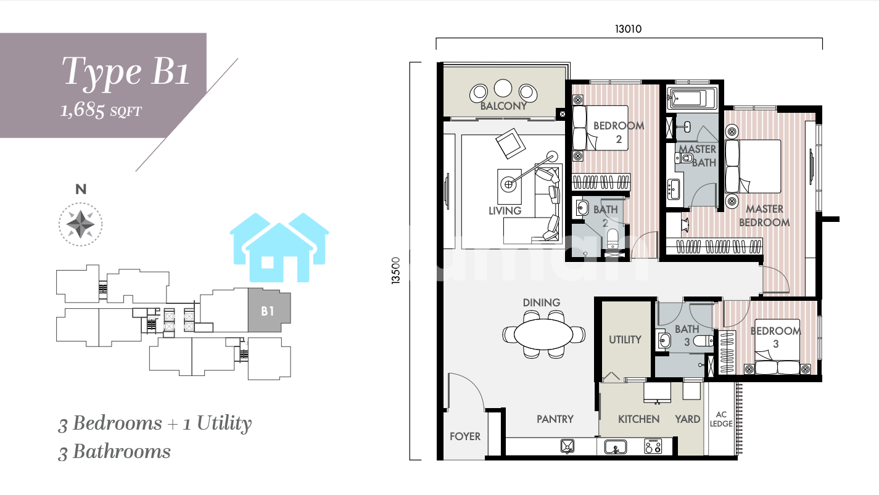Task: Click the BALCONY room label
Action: [503, 106]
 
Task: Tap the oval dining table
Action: [543, 334]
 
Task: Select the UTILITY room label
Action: [625, 340]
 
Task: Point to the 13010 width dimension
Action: [628, 29]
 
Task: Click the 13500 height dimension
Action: [396, 270]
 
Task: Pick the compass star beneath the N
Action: [80, 224]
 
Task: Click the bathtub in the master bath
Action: [691, 97]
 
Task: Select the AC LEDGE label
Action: [721, 419]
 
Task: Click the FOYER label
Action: [465, 436]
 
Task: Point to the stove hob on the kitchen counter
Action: [653, 446]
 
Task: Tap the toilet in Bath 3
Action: [703, 341]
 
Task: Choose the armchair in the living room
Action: [510, 144]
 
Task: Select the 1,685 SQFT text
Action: [101, 110]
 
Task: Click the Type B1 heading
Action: [126, 72]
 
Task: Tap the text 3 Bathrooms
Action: [114, 452]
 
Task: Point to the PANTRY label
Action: [555, 419]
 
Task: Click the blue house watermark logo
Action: [279, 248]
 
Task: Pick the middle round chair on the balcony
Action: [503, 88]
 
